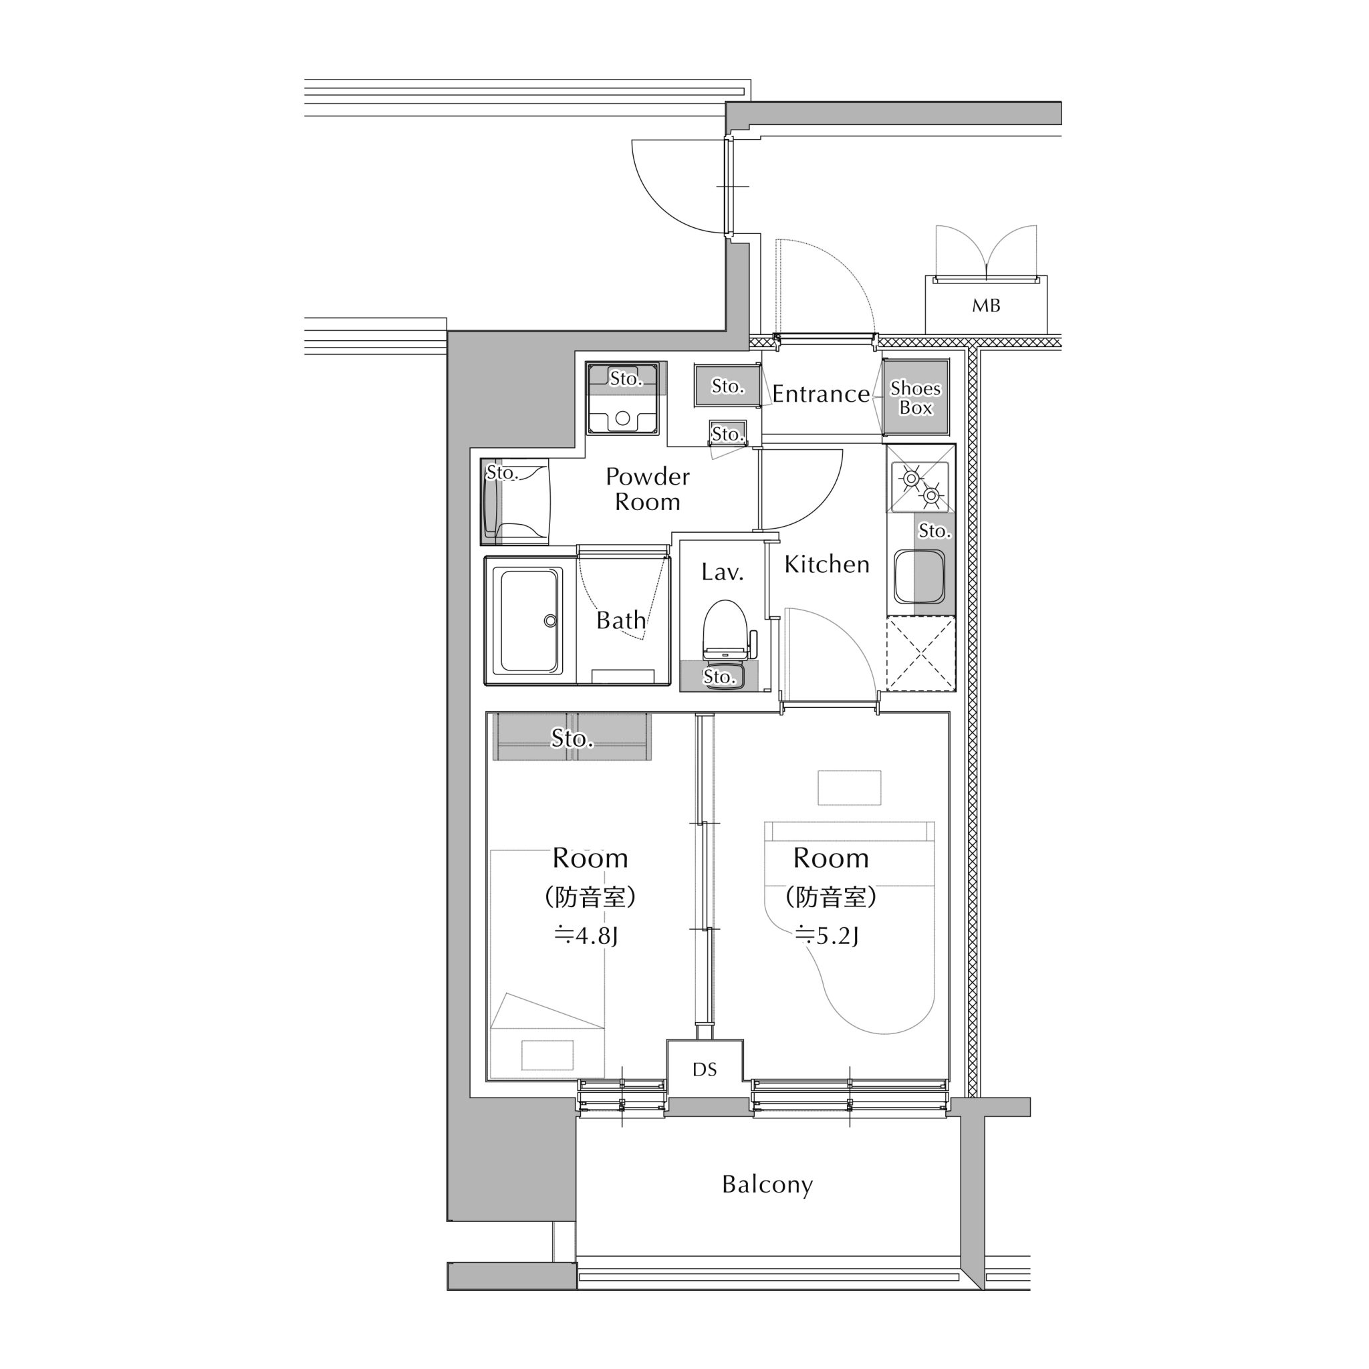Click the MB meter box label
click(986, 305)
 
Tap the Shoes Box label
click(915, 398)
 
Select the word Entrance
click(821, 393)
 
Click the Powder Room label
click(647, 489)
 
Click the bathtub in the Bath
click(531, 621)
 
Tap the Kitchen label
click(827, 564)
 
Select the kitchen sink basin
click(919, 577)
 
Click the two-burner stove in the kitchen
click(920, 487)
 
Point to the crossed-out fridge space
click(920, 653)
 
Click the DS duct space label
click(705, 1070)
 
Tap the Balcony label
click(767, 1184)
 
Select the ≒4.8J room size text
click(586, 936)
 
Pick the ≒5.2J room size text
click(827, 936)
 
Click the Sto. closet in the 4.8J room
click(572, 737)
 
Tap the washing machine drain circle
click(622, 418)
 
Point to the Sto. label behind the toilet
click(719, 676)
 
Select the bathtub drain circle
click(550, 621)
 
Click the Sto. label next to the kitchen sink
click(934, 531)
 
